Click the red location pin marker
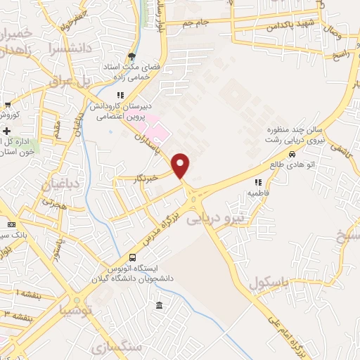181,165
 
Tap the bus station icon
132,258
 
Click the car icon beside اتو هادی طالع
291,155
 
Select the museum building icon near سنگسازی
160,306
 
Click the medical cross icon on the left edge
7,131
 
